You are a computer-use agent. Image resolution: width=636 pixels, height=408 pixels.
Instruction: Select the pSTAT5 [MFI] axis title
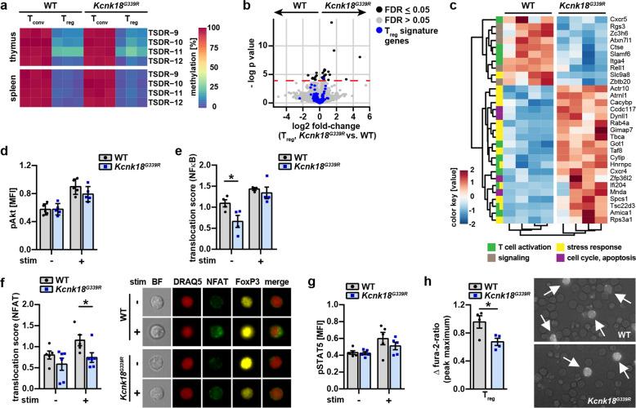(324, 343)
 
